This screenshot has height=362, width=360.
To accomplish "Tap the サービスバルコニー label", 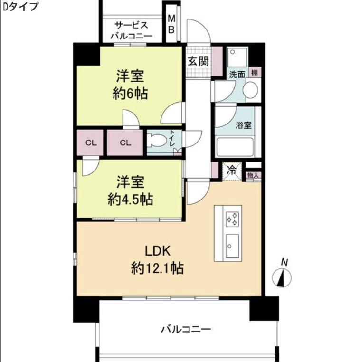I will pyautogui.click(x=131, y=30).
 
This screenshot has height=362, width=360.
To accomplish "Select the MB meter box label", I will pyautogui.click(x=171, y=24).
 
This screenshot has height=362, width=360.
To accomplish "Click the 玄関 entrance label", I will pyautogui.click(x=198, y=61).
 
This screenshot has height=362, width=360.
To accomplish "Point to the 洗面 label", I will pyautogui.click(x=237, y=75).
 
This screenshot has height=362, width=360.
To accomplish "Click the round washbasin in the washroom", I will pyautogui.click(x=250, y=90).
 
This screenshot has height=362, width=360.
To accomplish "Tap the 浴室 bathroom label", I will pyautogui.click(x=244, y=125).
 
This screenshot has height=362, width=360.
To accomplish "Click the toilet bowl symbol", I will pyautogui.click(x=157, y=141).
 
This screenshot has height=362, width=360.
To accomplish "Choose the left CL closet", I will pyautogui.click(x=91, y=143).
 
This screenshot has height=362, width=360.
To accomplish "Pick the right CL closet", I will pyautogui.click(x=125, y=143).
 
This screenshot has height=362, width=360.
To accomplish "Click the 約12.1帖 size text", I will pyautogui.click(x=157, y=269).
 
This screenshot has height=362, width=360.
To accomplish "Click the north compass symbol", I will pyautogui.click(x=283, y=277).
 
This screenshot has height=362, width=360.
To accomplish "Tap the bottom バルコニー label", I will pyautogui.click(x=186, y=329).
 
